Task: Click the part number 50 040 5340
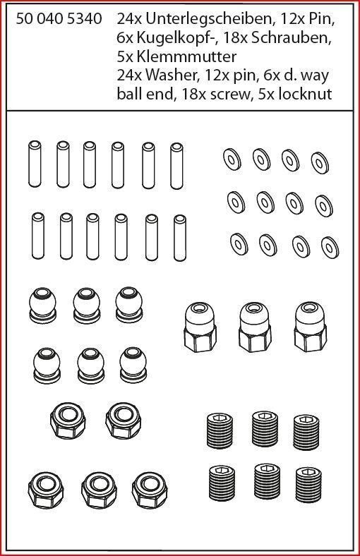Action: click(59, 19)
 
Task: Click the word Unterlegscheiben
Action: click(209, 19)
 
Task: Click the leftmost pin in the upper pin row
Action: click(35, 164)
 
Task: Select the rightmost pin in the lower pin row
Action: click(180, 238)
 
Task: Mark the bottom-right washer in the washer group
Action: click(330, 248)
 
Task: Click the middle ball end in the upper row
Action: click(87, 306)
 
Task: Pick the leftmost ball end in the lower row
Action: click(47, 365)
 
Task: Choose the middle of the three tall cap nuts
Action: click(255, 327)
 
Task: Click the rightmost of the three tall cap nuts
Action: click(311, 327)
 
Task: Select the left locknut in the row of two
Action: click(68, 421)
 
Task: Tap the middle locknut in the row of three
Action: click(99, 490)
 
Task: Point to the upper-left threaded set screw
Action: click(220, 430)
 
